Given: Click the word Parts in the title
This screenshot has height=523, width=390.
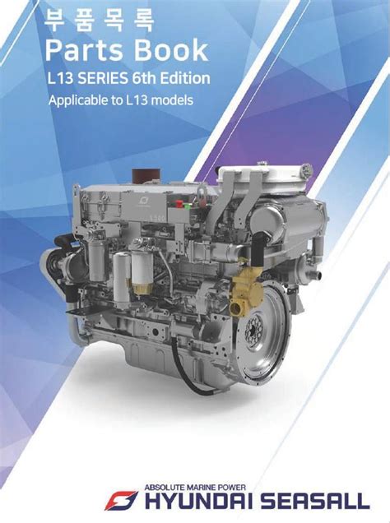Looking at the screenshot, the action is [85, 50].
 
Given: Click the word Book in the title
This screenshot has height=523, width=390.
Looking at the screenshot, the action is [171, 50].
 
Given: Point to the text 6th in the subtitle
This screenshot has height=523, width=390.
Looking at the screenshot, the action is [144, 78].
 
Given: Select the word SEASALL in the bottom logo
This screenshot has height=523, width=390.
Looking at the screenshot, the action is [314, 501].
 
